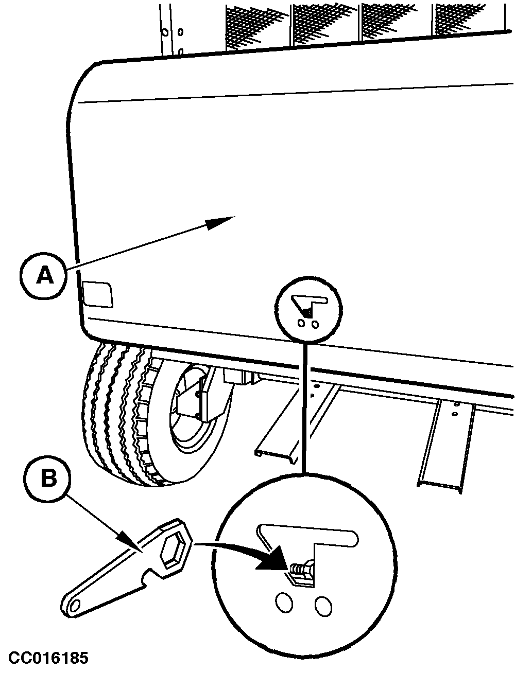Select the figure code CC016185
point(47,658)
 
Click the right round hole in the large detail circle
point(323,605)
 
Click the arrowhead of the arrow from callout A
point(220,223)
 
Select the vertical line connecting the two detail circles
point(306,406)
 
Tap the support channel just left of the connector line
point(288,427)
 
